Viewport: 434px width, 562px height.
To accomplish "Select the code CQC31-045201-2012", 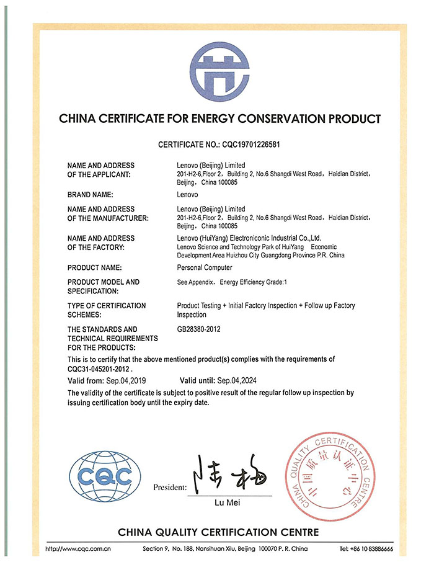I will [x=99, y=368].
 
